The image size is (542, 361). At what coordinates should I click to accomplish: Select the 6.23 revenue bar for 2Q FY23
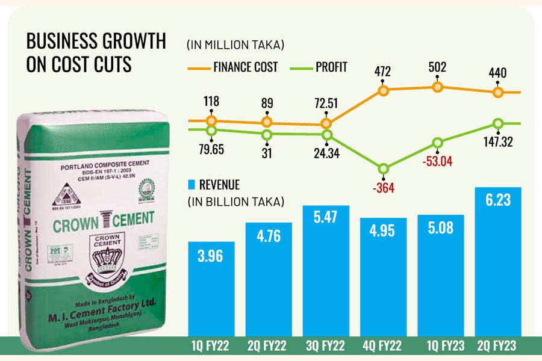[x=498, y=265]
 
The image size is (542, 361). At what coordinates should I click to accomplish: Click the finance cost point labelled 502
[x=438, y=87]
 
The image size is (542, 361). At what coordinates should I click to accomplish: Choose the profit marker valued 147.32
[x=498, y=123]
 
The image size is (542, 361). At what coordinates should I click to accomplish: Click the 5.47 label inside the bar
[x=326, y=230]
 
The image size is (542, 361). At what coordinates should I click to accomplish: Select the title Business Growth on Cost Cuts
[x=96, y=52]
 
